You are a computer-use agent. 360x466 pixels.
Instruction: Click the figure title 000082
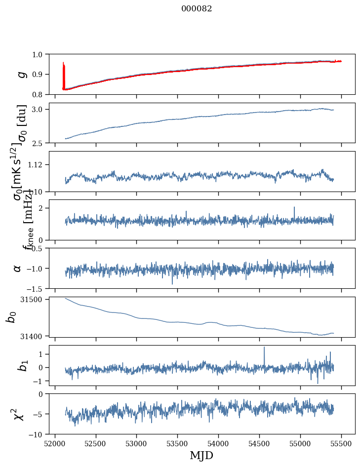(x=197, y=8)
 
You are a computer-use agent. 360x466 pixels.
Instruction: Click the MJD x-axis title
(x=201, y=455)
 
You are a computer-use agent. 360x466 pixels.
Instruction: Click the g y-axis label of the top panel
(x=21, y=74)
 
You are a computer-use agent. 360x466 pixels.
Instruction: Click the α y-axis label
(x=18, y=268)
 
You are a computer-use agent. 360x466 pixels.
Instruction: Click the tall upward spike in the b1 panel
(x=264, y=348)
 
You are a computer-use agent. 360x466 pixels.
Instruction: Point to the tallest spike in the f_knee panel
(x=294, y=208)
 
